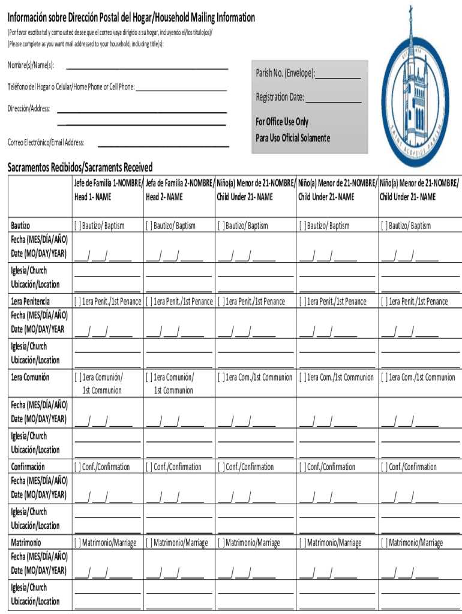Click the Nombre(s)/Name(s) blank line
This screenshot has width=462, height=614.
146,68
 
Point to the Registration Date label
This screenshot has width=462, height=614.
280,97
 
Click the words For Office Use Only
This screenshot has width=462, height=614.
282,122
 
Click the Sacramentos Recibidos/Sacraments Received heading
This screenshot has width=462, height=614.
80,167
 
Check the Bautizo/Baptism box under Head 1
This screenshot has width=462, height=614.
77,226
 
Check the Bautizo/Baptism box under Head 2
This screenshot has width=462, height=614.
149,226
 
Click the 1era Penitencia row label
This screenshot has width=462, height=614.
31,301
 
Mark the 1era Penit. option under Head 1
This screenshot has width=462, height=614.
77,302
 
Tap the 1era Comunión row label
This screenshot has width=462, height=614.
30,377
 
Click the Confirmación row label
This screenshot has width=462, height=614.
28,466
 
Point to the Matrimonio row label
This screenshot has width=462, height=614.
26,543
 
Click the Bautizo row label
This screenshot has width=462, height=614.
21,225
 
